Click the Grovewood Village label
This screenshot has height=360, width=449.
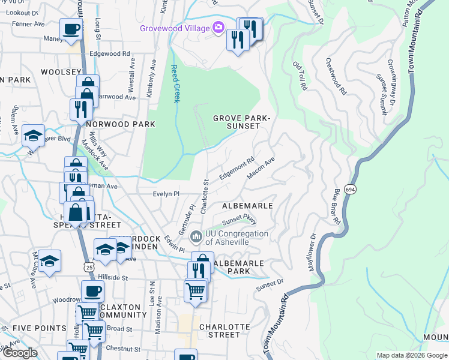175,28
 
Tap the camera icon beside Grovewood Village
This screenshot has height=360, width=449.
218,28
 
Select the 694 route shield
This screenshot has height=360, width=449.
351,190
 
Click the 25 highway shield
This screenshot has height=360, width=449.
89,266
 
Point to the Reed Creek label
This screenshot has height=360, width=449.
175,83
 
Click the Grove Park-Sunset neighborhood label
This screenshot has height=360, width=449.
242,122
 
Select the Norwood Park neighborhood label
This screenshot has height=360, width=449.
120,124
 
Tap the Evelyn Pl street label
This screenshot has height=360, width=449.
166,194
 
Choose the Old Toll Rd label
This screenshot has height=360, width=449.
300,76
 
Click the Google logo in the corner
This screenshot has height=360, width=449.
19,353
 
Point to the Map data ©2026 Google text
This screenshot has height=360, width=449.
411,355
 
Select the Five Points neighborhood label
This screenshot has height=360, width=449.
40,328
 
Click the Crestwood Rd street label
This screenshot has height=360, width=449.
336,76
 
